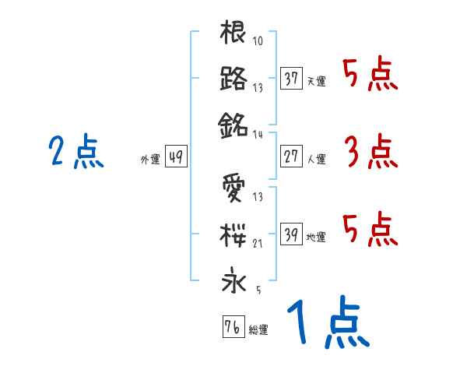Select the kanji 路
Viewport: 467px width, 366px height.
pos(234,79)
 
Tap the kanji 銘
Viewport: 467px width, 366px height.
pos(234,124)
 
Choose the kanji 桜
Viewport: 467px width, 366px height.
pos(234,233)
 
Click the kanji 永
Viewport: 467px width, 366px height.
pos(234,280)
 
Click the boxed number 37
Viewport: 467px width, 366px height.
pos(291,79)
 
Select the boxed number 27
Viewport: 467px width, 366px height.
pos(291,157)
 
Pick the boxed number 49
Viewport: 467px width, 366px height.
pos(175,157)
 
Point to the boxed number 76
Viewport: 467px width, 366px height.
pos(232,327)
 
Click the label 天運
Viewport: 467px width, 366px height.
pos(316,81)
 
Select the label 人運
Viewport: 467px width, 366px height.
pos(316,160)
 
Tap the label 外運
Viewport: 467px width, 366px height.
pos(150,160)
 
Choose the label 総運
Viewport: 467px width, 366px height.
pos(258,329)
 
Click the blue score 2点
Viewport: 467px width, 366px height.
pos(75,151)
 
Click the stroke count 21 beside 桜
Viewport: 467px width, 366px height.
pos(258,244)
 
